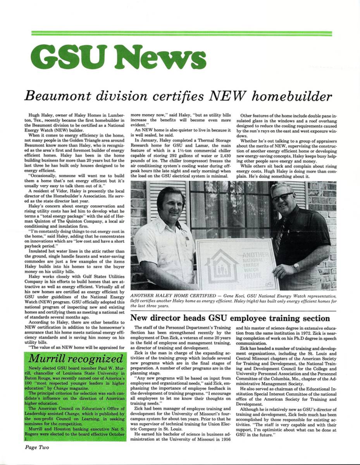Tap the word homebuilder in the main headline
(x=291, y=96)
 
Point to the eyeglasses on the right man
(x=282, y=197)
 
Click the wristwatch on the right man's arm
(x=297, y=267)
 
